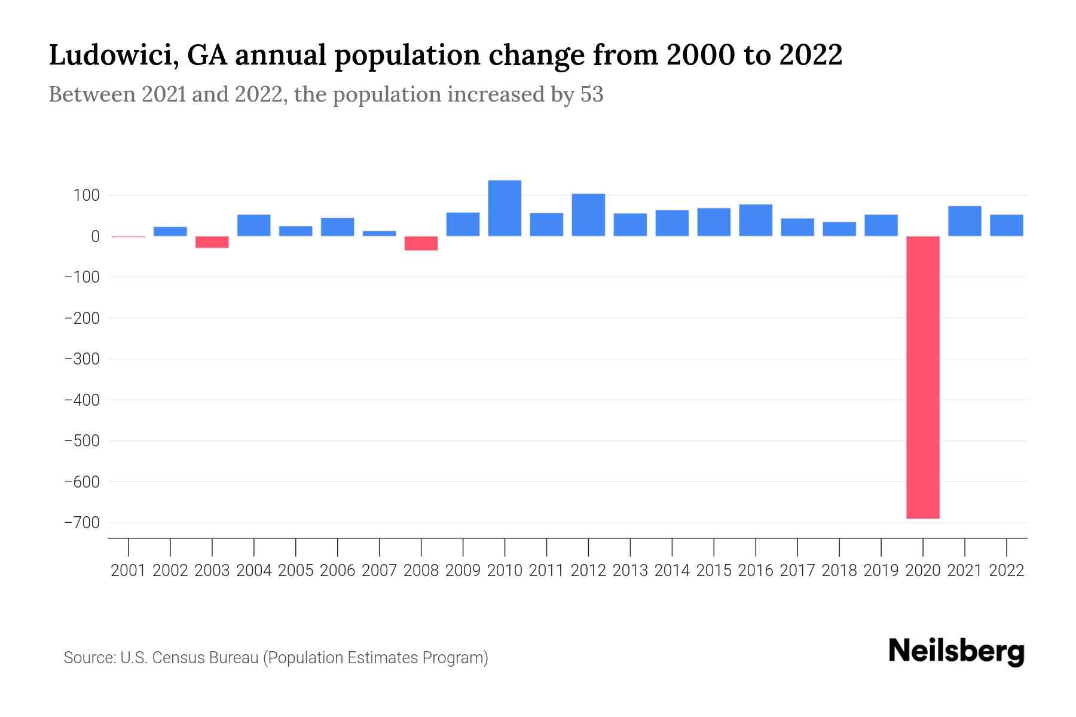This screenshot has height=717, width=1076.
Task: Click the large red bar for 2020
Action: click(923, 376)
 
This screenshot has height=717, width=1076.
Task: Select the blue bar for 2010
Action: click(505, 208)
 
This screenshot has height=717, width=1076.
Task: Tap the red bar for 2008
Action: click(421, 243)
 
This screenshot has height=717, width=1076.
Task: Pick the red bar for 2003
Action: click(212, 242)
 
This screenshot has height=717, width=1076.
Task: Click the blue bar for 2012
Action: click(588, 215)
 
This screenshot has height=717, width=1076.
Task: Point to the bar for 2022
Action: click(1007, 225)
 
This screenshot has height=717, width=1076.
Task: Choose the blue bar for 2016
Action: click(756, 220)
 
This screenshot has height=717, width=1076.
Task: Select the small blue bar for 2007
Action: click(379, 234)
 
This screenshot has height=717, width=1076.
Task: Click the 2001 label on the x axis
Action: click(129, 571)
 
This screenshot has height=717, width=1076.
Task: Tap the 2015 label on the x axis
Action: click(714, 571)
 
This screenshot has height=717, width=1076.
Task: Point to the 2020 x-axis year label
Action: click(923, 571)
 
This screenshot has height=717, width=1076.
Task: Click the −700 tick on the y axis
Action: click(82, 523)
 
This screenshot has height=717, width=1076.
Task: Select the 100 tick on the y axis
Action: click(87, 195)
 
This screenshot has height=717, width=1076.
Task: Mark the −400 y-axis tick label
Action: click(82, 400)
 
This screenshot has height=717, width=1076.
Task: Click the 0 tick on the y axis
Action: click(95, 237)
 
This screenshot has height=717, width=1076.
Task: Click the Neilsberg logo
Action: click(956, 651)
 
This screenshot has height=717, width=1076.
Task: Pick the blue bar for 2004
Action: click(254, 225)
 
